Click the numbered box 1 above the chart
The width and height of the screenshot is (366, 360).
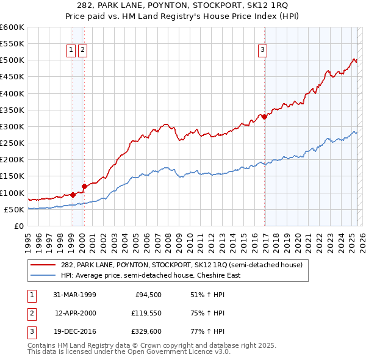point(71,50)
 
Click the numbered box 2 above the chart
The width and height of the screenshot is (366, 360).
point(83,50)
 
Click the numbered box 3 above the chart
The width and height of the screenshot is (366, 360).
point(262,50)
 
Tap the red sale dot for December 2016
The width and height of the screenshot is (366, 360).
point(265,116)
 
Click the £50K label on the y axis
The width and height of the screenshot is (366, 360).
point(14,209)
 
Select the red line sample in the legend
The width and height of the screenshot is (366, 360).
point(43,265)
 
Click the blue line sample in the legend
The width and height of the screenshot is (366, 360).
point(43,275)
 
